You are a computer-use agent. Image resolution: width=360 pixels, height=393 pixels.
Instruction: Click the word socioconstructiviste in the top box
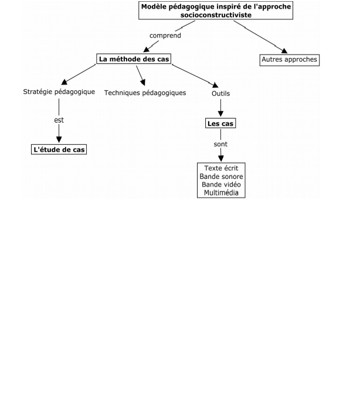[x=216, y=15]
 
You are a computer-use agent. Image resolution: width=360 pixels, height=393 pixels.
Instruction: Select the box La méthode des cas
[x=133, y=59]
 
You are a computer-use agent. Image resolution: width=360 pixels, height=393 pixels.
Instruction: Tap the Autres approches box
[x=290, y=60]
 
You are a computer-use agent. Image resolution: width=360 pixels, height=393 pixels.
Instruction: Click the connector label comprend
[x=165, y=35]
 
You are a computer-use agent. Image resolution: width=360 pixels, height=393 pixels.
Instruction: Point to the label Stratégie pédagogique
[x=59, y=92]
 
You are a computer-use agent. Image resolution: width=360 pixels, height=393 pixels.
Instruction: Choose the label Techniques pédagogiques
[x=145, y=93]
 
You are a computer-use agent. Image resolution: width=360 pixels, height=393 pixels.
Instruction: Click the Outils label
[x=220, y=93]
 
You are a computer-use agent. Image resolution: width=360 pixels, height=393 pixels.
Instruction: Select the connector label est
[x=59, y=120]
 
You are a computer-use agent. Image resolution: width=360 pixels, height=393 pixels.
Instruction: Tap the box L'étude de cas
[x=59, y=150]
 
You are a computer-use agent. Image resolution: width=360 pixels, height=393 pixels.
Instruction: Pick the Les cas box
[x=221, y=124]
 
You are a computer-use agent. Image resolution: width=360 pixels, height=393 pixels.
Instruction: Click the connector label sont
[x=220, y=144]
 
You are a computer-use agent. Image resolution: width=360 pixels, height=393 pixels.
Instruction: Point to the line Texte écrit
[x=221, y=168]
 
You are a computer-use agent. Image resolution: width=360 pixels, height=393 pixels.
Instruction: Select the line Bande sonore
[x=221, y=176]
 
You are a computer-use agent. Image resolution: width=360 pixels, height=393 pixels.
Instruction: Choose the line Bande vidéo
[x=221, y=184]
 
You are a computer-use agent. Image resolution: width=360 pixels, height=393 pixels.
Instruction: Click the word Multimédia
[x=221, y=192]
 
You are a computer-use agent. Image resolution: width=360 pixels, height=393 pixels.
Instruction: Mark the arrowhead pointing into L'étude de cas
[x=59, y=141]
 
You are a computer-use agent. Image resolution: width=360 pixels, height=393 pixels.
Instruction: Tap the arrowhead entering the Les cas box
[x=221, y=115]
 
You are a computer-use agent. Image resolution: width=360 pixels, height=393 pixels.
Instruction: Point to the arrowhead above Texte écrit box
[x=221, y=158]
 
